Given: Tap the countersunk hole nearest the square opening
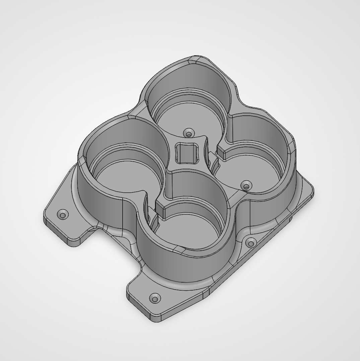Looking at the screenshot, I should click(189, 134).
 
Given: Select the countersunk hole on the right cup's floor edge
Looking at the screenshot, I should click(247, 186).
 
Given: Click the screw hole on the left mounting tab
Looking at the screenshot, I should click(63, 215).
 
